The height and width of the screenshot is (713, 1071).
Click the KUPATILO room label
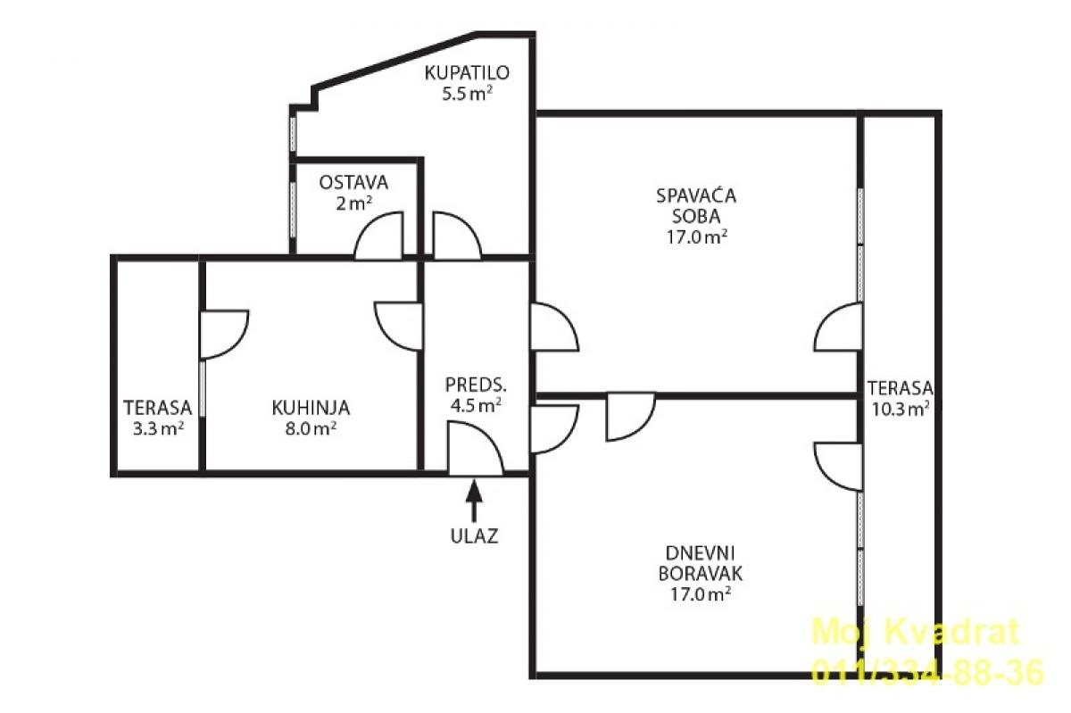[x=467, y=72]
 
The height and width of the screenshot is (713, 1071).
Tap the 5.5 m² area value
[x=467, y=94]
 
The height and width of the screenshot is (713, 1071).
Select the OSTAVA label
[x=353, y=183]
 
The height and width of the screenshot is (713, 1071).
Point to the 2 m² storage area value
[x=353, y=203]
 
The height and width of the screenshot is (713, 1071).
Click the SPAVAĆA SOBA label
[x=696, y=206]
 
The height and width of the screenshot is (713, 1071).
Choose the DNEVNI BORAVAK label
[x=701, y=563]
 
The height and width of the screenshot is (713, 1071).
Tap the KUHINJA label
[x=311, y=408]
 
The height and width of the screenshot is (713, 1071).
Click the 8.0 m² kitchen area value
[x=311, y=428]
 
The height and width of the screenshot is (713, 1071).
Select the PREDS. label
[x=476, y=385]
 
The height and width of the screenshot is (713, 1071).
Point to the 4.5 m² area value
[x=476, y=405]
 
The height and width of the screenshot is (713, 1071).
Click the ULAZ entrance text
[x=474, y=536]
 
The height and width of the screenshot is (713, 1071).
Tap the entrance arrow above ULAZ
[x=474, y=501]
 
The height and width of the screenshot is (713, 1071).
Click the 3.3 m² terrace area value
[x=158, y=428]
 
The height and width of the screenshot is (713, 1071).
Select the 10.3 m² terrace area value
[x=901, y=409]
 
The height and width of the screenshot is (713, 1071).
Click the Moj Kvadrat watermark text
[x=916, y=631]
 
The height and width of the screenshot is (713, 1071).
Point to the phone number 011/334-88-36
[x=927, y=672]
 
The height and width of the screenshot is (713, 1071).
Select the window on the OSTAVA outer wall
[x=293, y=209]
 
